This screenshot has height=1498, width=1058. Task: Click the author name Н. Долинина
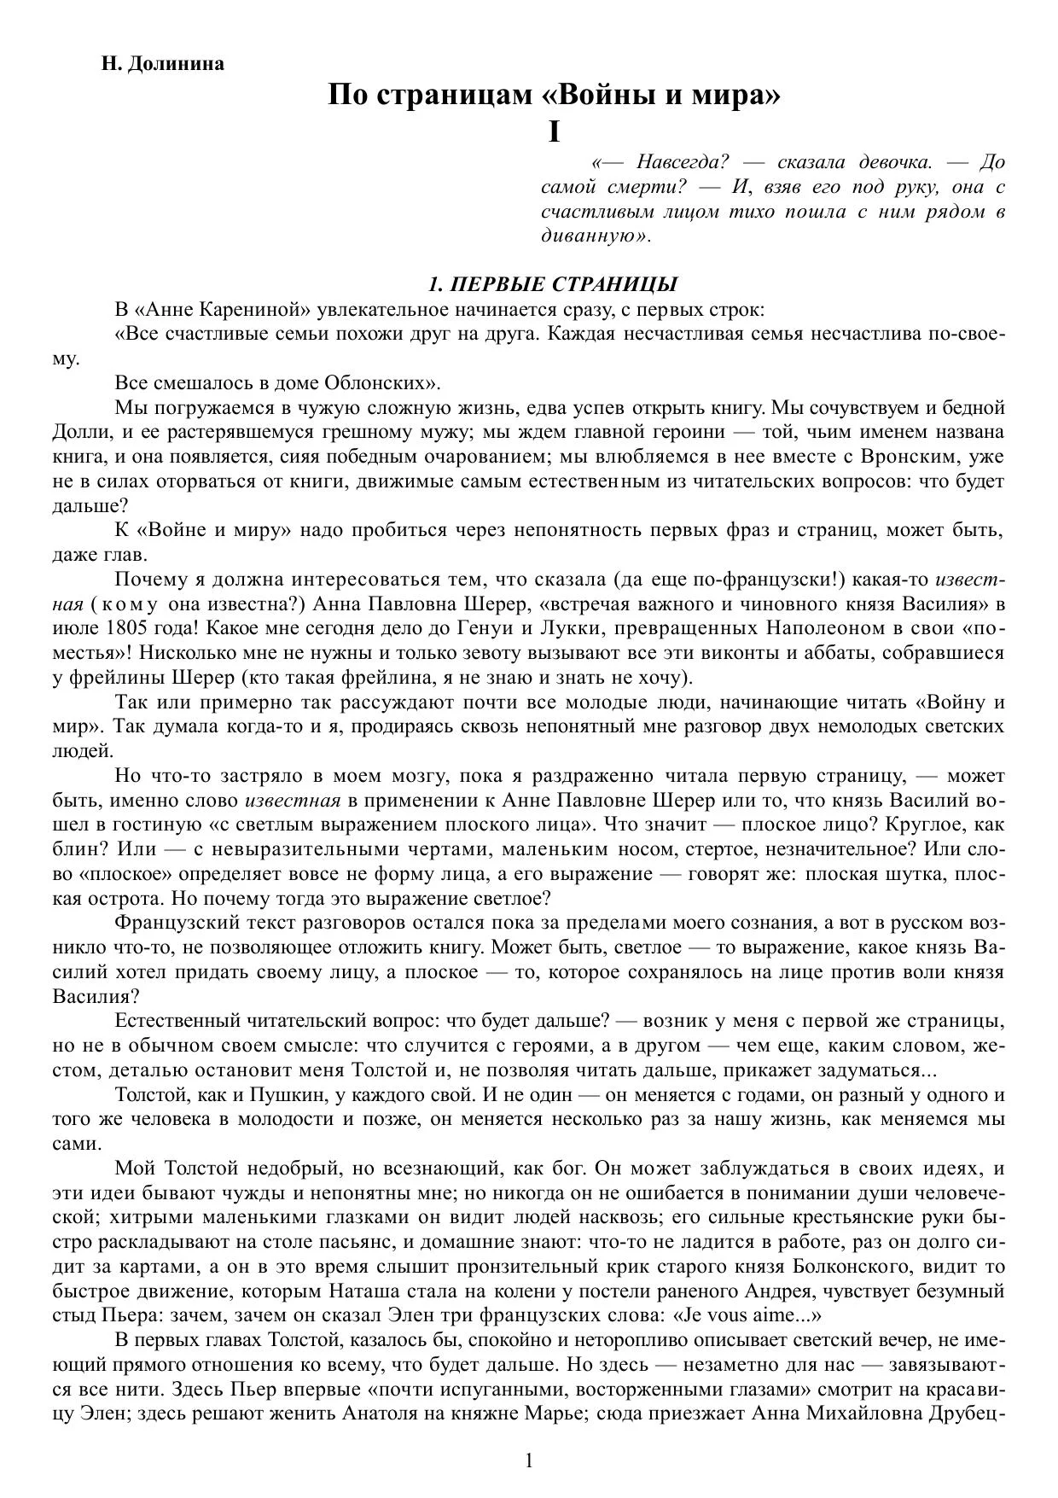pyautogui.click(x=163, y=64)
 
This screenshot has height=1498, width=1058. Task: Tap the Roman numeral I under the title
pyautogui.click(x=555, y=132)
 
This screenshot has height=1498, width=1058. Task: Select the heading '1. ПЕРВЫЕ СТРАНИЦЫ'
pyautogui.click(x=554, y=284)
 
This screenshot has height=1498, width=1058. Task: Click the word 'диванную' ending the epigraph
pyautogui.click(x=592, y=236)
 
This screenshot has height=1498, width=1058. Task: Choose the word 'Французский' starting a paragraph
pyautogui.click(x=173, y=923)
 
